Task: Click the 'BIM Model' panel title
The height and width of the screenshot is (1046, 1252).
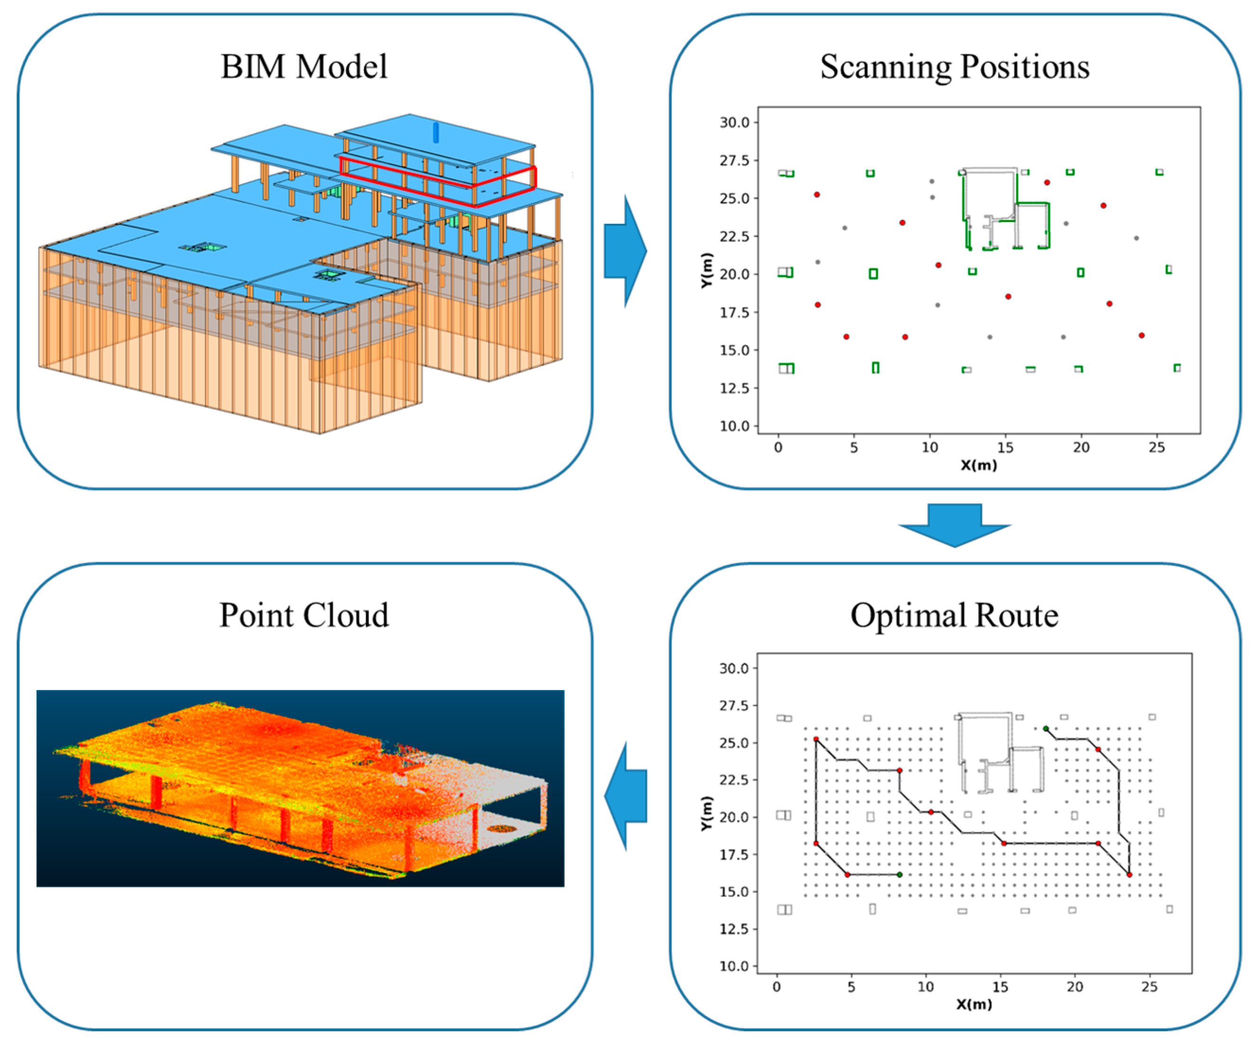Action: [304, 66]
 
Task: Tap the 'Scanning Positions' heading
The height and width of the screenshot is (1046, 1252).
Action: [954, 66]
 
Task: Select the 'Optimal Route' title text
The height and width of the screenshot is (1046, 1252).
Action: [954, 615]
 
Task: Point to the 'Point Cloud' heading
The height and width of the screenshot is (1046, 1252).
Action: [304, 615]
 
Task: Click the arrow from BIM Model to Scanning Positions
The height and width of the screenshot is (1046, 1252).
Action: [625, 251]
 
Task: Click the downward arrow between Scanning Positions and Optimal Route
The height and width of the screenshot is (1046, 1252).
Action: [954, 524]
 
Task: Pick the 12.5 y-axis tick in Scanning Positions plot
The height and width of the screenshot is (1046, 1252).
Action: [734, 388]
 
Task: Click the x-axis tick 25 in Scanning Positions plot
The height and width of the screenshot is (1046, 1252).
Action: [1156, 447]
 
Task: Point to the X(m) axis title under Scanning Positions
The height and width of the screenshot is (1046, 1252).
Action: [979, 465]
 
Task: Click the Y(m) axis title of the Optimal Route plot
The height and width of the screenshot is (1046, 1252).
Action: [706, 814]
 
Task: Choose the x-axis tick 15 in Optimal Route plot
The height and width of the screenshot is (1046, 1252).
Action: [1000, 987]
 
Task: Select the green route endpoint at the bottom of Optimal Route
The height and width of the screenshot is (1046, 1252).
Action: [899, 875]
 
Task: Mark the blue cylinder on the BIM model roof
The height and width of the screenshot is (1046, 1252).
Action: [436, 133]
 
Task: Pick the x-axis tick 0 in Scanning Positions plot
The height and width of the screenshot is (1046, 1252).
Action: [778, 447]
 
